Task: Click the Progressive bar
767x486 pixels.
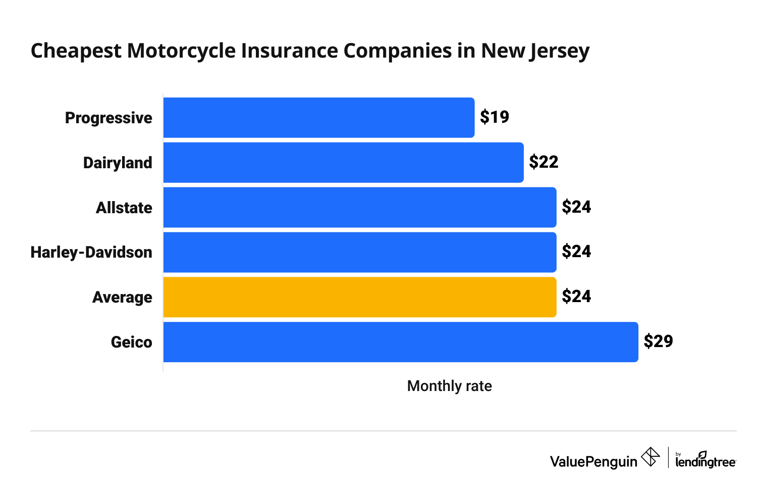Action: pos(319,118)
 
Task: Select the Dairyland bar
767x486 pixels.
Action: pos(343,163)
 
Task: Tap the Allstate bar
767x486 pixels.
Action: pos(360,208)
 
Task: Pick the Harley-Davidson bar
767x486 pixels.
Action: pos(360,252)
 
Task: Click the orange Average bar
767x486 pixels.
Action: pos(360,297)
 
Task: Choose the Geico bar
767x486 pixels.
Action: pos(401,342)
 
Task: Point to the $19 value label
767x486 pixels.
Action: pos(495,117)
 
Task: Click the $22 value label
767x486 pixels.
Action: pos(543,162)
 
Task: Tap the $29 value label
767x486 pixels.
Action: pos(658,342)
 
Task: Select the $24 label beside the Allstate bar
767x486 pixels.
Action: pos(576,207)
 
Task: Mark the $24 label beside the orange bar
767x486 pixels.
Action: pos(576,297)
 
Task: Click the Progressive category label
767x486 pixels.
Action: pos(108,118)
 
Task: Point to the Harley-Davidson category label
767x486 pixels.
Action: pos(91,253)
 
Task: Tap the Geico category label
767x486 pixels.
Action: pos(131,343)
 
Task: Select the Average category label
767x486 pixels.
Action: pos(122,298)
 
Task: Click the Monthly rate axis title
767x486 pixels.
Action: pos(449,386)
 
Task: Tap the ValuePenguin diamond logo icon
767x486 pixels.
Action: pos(650,457)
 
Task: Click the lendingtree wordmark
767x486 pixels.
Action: pos(705,461)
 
